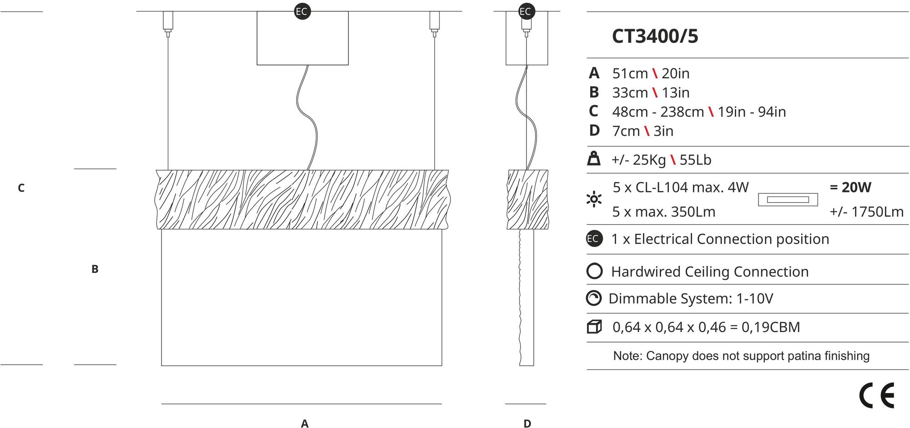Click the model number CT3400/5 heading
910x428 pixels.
655,36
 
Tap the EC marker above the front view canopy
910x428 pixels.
302,11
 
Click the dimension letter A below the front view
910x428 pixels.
304,423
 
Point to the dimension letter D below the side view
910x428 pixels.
527,423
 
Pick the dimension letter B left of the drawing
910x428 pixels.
95,269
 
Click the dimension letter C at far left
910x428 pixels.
21,188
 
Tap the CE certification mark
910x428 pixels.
876,396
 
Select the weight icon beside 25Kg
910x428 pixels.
594,159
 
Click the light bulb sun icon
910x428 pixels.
594,199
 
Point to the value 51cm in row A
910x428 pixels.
630,73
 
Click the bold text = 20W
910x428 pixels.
850,187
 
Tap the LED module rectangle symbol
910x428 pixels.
788,200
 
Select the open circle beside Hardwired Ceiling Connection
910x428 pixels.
595,271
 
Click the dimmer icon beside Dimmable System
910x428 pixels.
594,298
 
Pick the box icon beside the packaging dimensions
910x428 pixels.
594,327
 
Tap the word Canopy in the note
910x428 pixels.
666,356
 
